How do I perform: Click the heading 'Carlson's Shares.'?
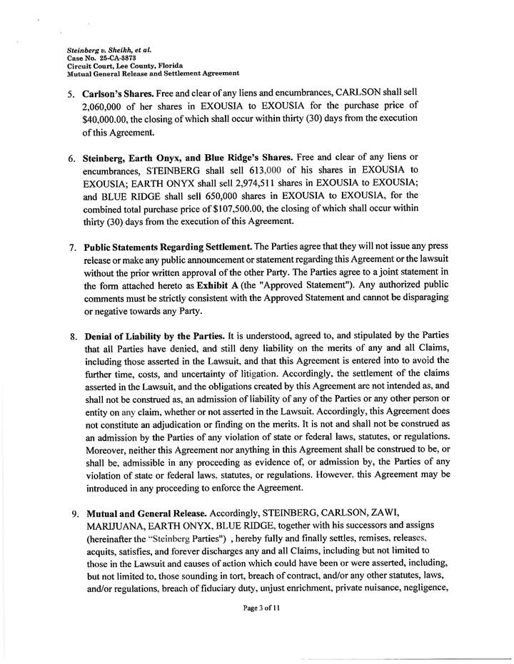coord(121,93)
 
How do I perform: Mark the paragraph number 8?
coord(73,335)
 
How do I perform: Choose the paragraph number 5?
coord(71,93)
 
